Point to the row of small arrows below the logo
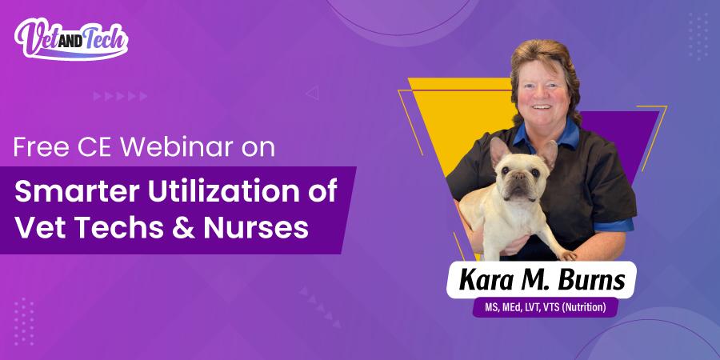click(120, 96)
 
